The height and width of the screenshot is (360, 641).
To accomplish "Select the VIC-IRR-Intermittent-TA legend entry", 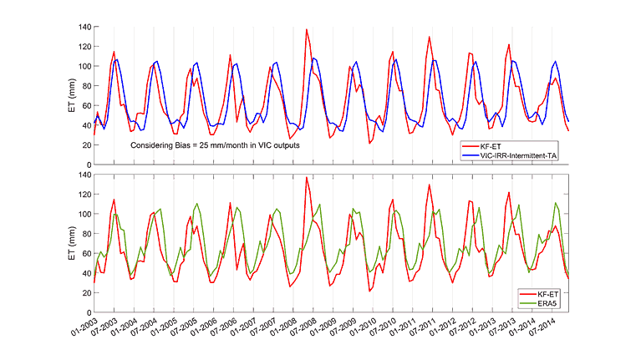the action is click(x=509, y=155).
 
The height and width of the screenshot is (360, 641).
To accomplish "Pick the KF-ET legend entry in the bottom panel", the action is click(x=538, y=294).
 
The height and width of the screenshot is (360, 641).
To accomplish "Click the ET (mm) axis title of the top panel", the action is click(x=72, y=95).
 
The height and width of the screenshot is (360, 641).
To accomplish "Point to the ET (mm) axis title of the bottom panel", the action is click(x=72, y=243).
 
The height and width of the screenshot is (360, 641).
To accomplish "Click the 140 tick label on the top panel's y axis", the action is click(x=85, y=27).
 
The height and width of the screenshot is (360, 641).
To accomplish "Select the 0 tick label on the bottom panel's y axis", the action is click(x=89, y=312).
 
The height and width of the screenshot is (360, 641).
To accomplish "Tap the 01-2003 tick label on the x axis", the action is click(x=84, y=327).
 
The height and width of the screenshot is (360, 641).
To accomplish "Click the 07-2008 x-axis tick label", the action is click(x=303, y=327).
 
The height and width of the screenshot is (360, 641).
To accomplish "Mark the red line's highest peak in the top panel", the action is click(x=307, y=29).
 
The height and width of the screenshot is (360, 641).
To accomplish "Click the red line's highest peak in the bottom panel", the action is click(x=307, y=177).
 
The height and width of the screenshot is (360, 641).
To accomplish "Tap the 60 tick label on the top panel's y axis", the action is click(x=87, y=106).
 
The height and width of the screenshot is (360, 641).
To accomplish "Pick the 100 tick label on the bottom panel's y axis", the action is click(x=85, y=214).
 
